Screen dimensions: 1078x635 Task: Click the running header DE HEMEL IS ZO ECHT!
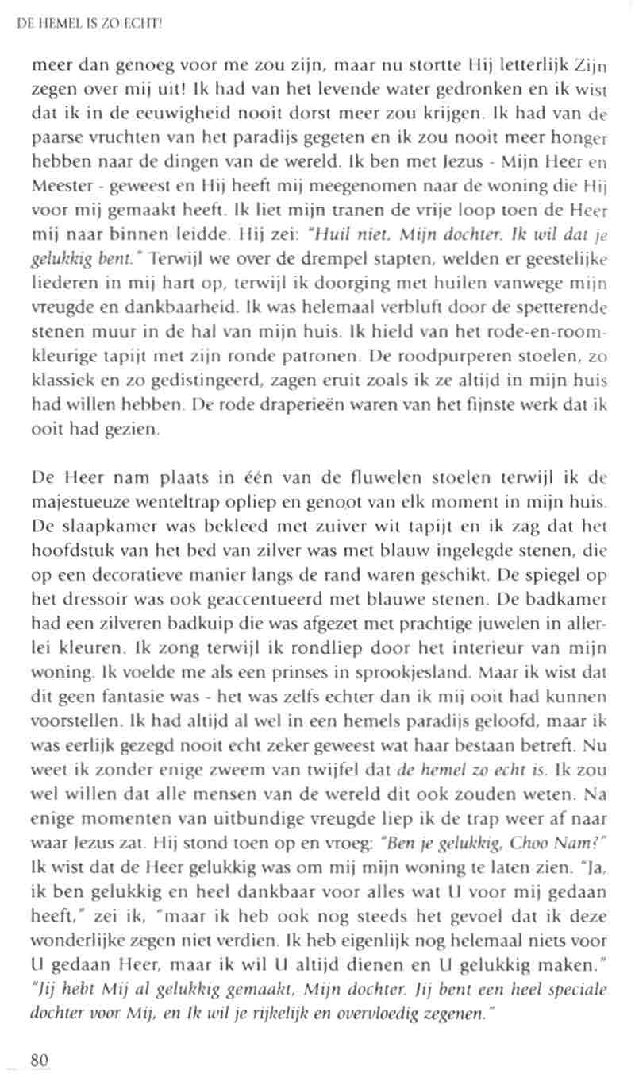(x=89, y=25)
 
